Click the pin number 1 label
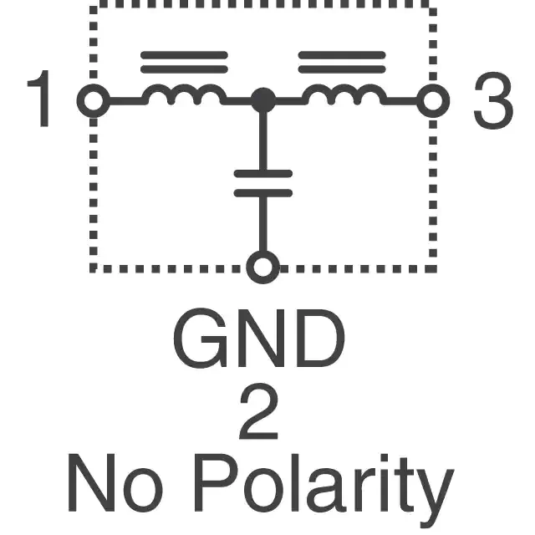(x=41, y=100)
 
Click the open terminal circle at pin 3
(x=432, y=101)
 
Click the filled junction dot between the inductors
(x=263, y=101)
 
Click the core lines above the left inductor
(x=184, y=62)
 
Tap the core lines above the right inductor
(x=342, y=62)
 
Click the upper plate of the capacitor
(x=263, y=173)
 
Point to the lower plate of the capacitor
(x=263, y=192)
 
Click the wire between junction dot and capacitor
(x=263, y=138)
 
